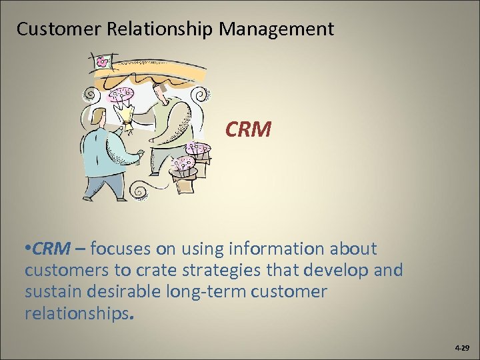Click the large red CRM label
(x=248, y=129)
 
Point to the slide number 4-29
(x=461, y=348)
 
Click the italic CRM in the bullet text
(x=51, y=249)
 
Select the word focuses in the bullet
(x=119, y=249)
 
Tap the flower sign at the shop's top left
(x=102, y=63)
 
